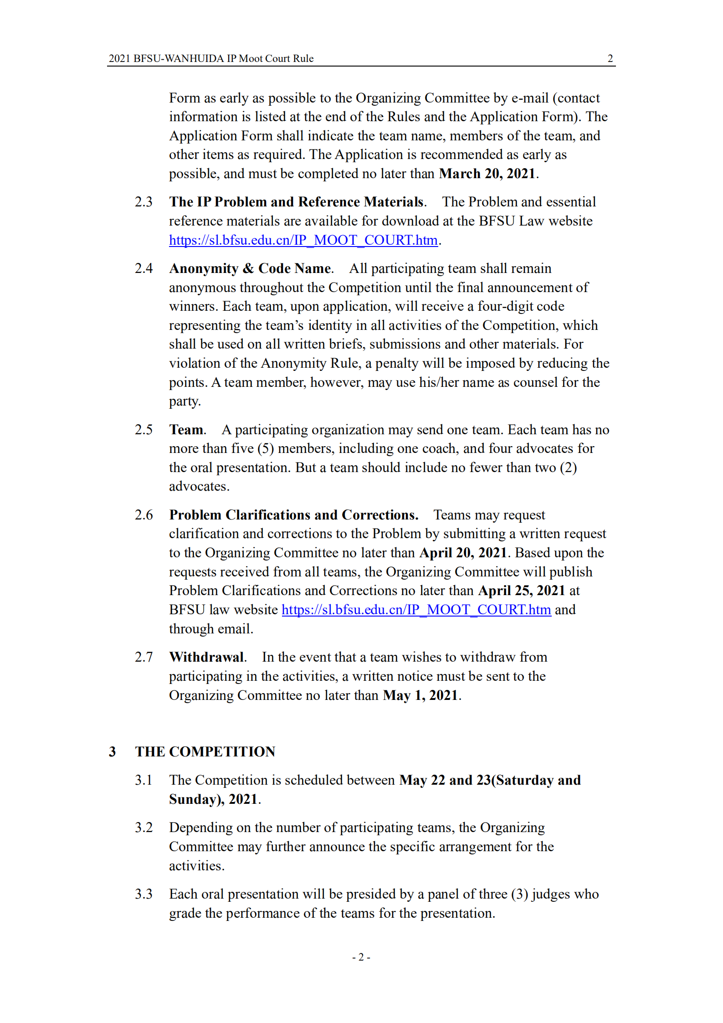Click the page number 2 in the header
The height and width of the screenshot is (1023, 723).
click(x=610, y=58)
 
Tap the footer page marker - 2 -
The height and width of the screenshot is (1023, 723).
click(x=361, y=957)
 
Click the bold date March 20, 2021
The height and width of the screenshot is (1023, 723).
click(x=487, y=174)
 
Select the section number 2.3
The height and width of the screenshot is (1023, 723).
click(x=144, y=202)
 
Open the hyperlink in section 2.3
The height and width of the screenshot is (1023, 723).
click(x=303, y=240)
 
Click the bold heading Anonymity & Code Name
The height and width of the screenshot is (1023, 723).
click(x=250, y=268)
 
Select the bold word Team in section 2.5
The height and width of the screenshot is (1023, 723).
click(x=186, y=430)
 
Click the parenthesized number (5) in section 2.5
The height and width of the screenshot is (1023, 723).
click(x=266, y=448)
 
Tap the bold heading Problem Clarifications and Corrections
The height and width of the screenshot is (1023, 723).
click(x=293, y=515)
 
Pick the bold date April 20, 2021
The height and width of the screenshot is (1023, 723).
click(x=463, y=553)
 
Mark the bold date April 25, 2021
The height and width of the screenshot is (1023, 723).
click(x=521, y=591)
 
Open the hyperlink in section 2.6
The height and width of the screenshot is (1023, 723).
click(x=416, y=610)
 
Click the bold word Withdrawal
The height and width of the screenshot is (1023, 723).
click(x=207, y=657)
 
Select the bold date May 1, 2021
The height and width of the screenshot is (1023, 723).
click(x=420, y=695)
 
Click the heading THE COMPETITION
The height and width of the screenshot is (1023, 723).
click(x=205, y=752)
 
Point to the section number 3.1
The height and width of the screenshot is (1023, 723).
click(x=144, y=780)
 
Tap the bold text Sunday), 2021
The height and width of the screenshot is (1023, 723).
click(x=213, y=799)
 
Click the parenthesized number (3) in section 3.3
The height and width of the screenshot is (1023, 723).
click(x=519, y=894)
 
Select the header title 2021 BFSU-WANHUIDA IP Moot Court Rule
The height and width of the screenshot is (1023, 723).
click(x=211, y=58)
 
